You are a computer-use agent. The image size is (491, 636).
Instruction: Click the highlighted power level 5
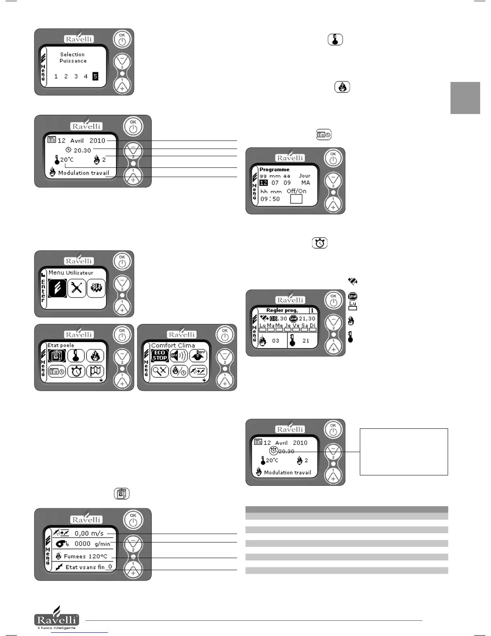[x=95, y=76]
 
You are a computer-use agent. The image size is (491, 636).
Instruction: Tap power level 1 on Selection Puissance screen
[x=56, y=76]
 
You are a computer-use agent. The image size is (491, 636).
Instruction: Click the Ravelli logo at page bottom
[x=57, y=618]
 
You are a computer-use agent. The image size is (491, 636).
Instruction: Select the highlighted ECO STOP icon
[x=160, y=355]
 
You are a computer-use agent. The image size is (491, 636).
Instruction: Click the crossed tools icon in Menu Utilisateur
[x=77, y=288]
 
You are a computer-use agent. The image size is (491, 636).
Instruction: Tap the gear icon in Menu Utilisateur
[x=96, y=288]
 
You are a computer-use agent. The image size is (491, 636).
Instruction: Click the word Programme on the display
[x=274, y=169]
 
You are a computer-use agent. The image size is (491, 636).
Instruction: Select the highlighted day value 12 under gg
[x=264, y=183]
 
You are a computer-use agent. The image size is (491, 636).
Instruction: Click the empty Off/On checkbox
[x=296, y=199]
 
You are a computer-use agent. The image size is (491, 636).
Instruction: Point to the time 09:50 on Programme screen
[x=270, y=199]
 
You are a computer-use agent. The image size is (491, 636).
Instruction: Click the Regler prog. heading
[x=282, y=310]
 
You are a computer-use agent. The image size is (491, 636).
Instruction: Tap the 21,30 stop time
[x=307, y=318]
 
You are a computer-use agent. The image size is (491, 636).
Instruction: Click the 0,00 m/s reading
[x=89, y=533]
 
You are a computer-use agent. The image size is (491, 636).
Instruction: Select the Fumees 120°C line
[x=85, y=556]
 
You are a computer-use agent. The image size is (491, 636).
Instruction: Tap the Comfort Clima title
[x=173, y=345]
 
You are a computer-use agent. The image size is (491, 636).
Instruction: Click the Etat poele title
[x=61, y=345]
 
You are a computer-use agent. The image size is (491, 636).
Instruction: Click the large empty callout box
[x=404, y=452]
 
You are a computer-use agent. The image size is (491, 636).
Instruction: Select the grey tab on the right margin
[x=465, y=98]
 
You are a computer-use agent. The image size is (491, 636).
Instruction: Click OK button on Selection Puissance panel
[x=122, y=39]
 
